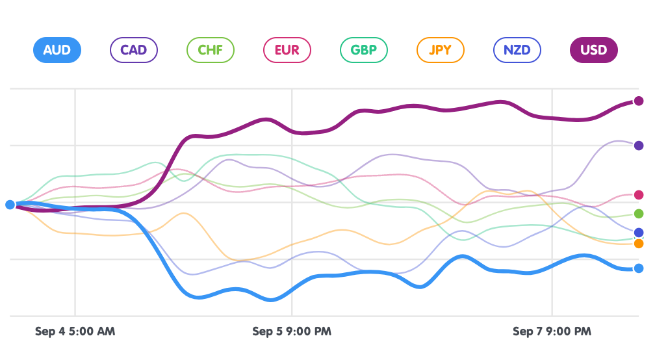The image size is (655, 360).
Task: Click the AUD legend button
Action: pyautogui.click(x=57, y=50)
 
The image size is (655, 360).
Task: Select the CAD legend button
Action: pyautogui.click(x=134, y=50)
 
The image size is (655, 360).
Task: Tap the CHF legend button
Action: pyautogui.click(x=210, y=50)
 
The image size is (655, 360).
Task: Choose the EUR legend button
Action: pyautogui.click(x=287, y=50)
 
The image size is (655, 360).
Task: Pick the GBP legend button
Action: pyautogui.click(x=363, y=50)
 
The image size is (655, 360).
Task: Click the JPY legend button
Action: pyautogui.click(x=440, y=50)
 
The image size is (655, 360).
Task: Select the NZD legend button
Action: pyautogui.click(x=517, y=50)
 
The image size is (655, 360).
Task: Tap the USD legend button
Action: pyautogui.click(x=593, y=50)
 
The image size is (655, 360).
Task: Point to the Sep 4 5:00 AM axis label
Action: pyautogui.click(x=75, y=331)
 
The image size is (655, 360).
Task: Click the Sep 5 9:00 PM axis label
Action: pyautogui.click(x=292, y=331)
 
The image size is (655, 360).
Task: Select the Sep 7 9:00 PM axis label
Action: pyautogui.click(x=552, y=331)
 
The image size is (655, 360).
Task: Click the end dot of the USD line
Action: pyautogui.click(x=639, y=101)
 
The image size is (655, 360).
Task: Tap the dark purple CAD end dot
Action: pyautogui.click(x=639, y=146)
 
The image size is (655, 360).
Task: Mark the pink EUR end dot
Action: pyautogui.click(x=639, y=195)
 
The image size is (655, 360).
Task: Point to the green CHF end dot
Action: pyautogui.click(x=639, y=214)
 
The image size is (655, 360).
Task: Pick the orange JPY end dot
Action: pyautogui.click(x=639, y=244)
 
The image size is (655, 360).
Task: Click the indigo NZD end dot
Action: pyautogui.click(x=639, y=233)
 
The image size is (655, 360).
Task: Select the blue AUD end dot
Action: pyautogui.click(x=639, y=268)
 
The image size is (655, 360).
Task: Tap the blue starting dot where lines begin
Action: pyautogui.click(x=10, y=205)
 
